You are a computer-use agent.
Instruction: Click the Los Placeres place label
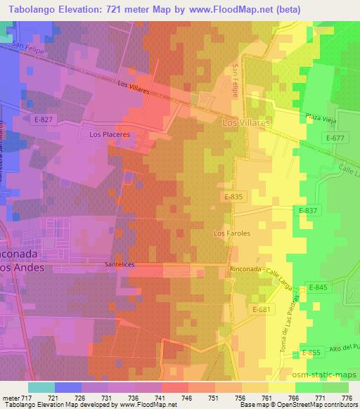(x=109, y=134)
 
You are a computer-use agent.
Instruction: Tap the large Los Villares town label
(x=246, y=122)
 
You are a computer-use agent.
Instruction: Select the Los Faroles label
(x=232, y=233)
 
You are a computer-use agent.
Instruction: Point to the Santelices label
(x=119, y=265)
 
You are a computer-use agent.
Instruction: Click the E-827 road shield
(x=43, y=119)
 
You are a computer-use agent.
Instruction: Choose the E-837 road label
(x=308, y=210)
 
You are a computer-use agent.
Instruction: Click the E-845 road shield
(x=319, y=287)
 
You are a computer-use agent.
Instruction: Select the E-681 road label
(x=262, y=309)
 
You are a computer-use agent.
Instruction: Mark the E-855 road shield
(x=311, y=352)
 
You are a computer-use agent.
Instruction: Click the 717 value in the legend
(x=28, y=398)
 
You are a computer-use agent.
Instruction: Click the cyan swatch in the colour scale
(x=41, y=387)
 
